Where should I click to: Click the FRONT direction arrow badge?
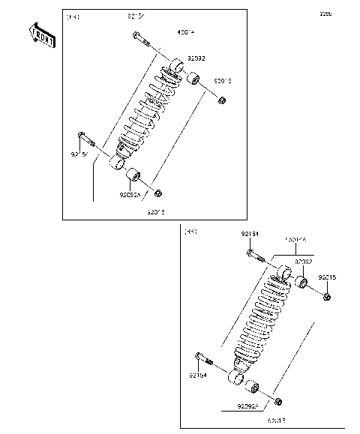coord(41,35)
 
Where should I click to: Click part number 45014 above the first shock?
coord(164,31)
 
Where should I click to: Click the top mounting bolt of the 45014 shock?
coord(140,40)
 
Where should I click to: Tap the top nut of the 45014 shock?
coord(223,100)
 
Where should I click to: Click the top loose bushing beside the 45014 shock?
coord(193,77)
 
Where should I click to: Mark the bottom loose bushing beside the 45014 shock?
coord(136,178)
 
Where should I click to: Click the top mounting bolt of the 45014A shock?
coord(254,257)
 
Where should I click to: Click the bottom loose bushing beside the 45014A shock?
coord(252,388)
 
